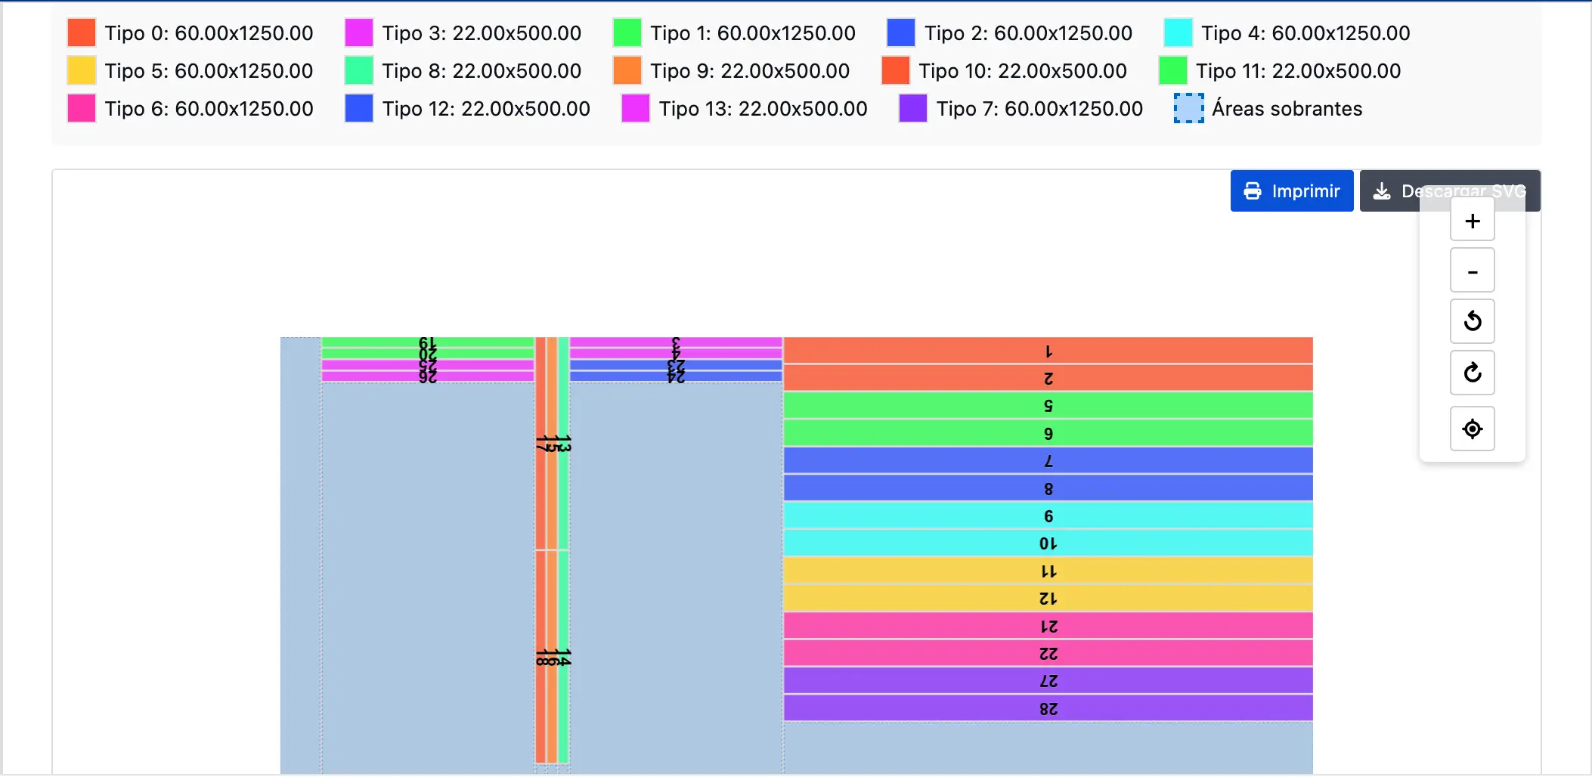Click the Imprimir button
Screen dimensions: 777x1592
[1291, 191]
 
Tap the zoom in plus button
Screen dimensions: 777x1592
[1472, 221]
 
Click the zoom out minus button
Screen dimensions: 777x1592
[1472, 271]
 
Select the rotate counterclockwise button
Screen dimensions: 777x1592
[1472, 321]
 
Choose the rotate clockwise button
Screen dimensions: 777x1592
[1472, 373]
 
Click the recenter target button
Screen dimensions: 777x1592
[1472, 429]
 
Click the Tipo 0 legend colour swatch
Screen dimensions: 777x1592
[82, 33]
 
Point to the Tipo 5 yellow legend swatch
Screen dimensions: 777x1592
[82, 71]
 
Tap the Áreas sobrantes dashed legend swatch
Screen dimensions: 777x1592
[1188, 109]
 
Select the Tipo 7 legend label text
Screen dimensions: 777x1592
[1039, 109]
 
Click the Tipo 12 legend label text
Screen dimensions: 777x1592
[486, 109]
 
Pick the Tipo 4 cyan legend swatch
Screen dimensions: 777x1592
[1178, 33]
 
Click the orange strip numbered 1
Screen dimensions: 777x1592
[1048, 351]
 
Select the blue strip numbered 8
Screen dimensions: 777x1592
[1048, 488]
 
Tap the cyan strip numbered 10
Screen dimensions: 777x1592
[1048, 543]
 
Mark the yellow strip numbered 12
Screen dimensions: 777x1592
[1048, 598]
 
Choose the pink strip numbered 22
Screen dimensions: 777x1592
[1048, 653]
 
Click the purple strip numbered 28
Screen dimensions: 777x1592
[1048, 708]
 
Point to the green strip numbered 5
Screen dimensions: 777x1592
[1048, 405]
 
